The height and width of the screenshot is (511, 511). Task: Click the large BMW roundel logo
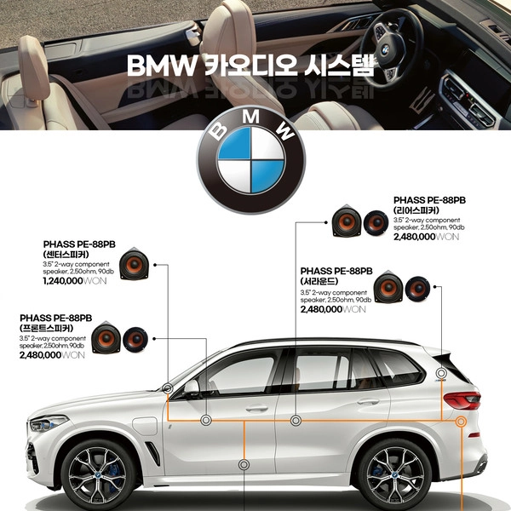point(251,160)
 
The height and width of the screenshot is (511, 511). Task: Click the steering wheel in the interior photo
point(388,47)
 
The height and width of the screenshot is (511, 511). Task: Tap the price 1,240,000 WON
point(75,281)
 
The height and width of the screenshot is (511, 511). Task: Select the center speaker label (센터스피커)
point(66,254)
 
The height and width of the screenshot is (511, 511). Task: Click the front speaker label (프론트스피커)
point(46,328)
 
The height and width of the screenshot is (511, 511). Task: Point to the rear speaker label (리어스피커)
point(416,210)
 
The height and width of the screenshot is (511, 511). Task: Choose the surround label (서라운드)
point(319,281)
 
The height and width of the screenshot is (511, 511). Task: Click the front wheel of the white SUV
point(98,476)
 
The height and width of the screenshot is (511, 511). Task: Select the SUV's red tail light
point(462,400)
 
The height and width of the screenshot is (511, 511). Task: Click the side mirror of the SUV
point(192,388)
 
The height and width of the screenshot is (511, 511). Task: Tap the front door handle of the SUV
point(257,407)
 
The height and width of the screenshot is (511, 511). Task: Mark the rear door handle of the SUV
point(368,401)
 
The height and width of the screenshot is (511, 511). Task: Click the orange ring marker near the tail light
point(461,422)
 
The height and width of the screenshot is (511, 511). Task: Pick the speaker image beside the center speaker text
point(134,264)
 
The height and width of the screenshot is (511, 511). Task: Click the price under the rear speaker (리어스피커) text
point(427,237)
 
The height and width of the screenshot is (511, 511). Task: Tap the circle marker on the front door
point(206,421)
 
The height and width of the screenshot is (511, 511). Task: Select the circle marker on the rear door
point(296,421)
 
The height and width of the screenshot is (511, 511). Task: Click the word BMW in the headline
point(160,66)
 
